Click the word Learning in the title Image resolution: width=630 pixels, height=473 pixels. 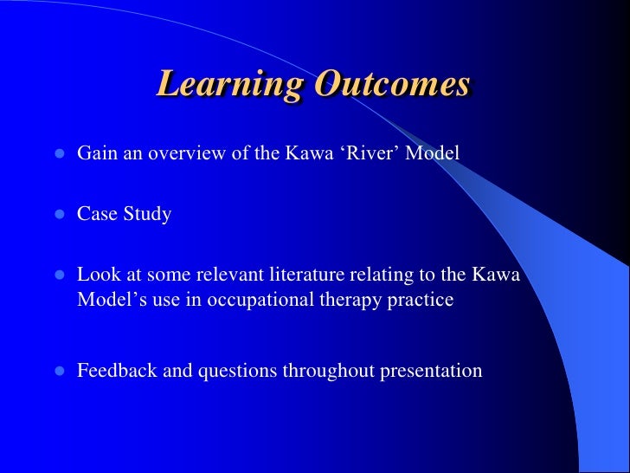[x=230, y=85]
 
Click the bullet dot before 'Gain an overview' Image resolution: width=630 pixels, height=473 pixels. [x=60, y=154]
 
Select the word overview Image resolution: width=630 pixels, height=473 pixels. [x=177, y=153]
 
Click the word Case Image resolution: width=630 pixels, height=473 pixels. [x=96, y=214]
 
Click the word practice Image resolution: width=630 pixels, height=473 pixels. [x=421, y=301]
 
